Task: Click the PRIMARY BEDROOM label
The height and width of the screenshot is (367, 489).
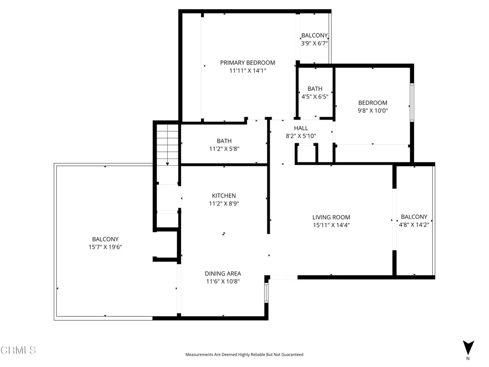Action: pyautogui.click(x=248, y=63)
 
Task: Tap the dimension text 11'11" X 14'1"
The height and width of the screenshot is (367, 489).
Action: pyautogui.click(x=248, y=71)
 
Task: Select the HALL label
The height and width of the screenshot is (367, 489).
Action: pyautogui.click(x=301, y=128)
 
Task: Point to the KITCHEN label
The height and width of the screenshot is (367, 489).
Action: pyautogui.click(x=224, y=195)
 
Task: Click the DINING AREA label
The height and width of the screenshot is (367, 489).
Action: pyautogui.click(x=223, y=274)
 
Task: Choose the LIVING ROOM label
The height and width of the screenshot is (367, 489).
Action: pyautogui.click(x=331, y=217)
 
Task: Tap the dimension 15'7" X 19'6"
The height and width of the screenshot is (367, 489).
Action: pyautogui.click(x=105, y=247)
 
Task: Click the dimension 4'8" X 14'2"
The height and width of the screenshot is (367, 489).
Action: pyautogui.click(x=414, y=225)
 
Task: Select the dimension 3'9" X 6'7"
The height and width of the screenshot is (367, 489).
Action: pyautogui.click(x=314, y=43)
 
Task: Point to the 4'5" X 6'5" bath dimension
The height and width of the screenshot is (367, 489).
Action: pyautogui.click(x=315, y=97)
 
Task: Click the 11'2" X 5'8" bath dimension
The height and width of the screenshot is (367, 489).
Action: pyautogui.click(x=224, y=149)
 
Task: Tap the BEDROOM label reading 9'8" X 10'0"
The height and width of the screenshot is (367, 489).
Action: pyautogui.click(x=372, y=103)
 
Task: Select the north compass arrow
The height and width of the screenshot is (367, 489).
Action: pyautogui.click(x=468, y=347)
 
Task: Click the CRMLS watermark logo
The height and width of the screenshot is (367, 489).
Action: pyautogui.click(x=18, y=350)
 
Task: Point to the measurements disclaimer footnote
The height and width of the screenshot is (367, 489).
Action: pyautogui.click(x=244, y=355)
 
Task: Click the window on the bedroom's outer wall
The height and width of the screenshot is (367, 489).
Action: pyautogui.click(x=412, y=102)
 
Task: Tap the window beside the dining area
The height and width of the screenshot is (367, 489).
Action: pyautogui.click(x=266, y=293)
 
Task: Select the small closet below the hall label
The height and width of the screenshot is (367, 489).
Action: pyautogui.click(x=306, y=153)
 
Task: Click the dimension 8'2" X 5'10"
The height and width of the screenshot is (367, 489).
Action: pyautogui.click(x=301, y=136)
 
